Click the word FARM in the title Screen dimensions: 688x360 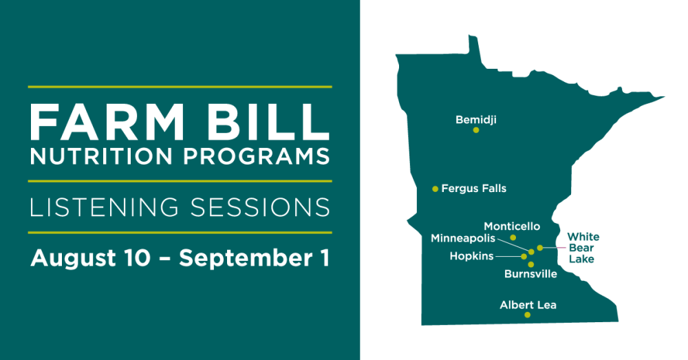pos(107,122)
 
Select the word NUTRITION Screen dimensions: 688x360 pos(101,156)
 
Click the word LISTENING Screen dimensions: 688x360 pos(105,207)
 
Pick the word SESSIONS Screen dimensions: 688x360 pos(260,207)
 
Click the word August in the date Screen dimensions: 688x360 pos(74,258)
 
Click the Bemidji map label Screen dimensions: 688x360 pos(476,119)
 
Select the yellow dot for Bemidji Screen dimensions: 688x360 pos(476,130)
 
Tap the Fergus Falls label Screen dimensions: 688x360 pos(474,189)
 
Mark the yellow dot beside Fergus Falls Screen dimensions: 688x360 pos(436,189)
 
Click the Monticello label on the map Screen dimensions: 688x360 pos(512,226)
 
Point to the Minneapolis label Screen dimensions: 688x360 pos(463,238)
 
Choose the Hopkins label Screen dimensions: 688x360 pos(472,256)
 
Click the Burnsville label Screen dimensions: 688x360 pos(530,274)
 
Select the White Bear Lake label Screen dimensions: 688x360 pos(583,248)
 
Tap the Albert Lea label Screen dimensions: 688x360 pos(528,305)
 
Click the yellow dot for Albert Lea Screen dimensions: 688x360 pos(528,315)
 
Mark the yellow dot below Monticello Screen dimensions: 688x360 pos(513,237)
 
